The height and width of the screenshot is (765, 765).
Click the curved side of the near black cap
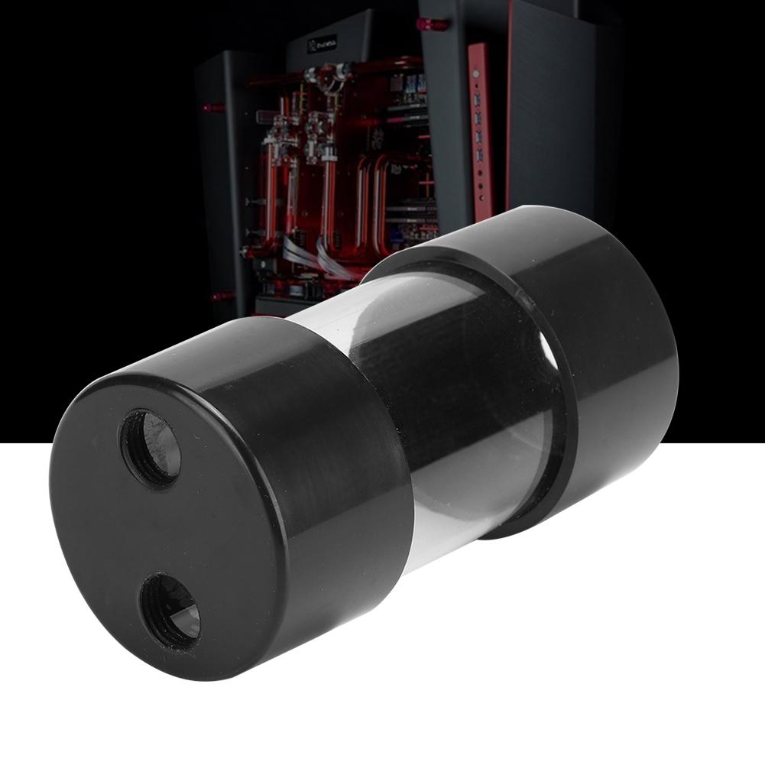336,474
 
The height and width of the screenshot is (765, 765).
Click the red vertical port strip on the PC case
478,130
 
